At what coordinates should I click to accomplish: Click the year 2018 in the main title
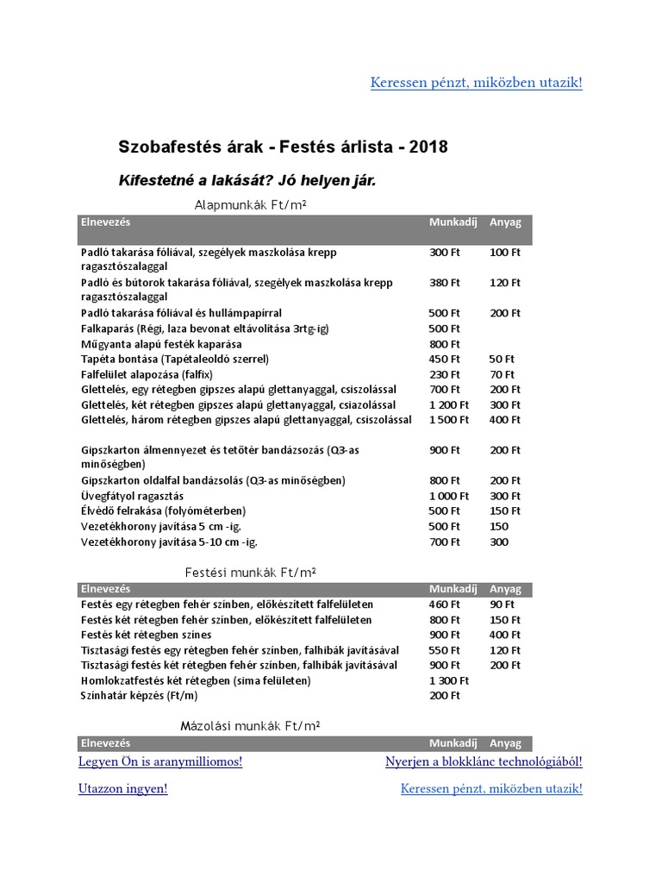click(x=428, y=147)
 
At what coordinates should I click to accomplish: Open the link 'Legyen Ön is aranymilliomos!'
click(x=160, y=761)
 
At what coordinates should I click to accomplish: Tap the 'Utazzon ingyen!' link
click(x=122, y=788)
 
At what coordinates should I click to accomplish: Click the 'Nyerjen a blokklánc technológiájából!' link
click(x=484, y=761)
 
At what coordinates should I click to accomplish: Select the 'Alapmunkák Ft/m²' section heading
click(x=252, y=205)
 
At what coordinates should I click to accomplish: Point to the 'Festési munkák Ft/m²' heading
click(x=253, y=573)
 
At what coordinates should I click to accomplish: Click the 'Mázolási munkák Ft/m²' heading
click(x=250, y=726)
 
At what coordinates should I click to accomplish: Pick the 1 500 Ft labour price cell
click(x=448, y=420)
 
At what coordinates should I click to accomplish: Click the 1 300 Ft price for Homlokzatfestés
click(x=448, y=680)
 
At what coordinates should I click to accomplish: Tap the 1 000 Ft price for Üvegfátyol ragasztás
click(x=448, y=496)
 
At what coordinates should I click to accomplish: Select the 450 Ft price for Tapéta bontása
click(x=444, y=359)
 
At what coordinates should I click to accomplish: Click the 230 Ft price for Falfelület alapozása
click(x=444, y=374)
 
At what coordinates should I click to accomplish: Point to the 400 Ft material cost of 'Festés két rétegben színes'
click(x=504, y=635)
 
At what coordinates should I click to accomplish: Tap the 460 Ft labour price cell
click(x=444, y=604)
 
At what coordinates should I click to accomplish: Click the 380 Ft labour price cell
click(x=444, y=282)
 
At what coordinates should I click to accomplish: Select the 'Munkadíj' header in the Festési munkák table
click(x=453, y=589)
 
